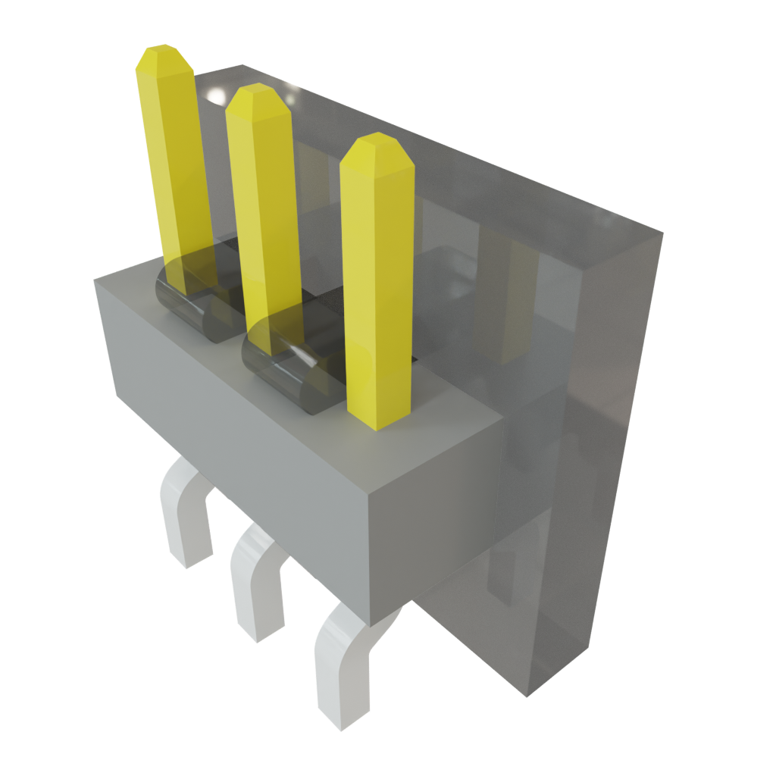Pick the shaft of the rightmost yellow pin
[x=377, y=288]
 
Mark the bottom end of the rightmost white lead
[x=345, y=720]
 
